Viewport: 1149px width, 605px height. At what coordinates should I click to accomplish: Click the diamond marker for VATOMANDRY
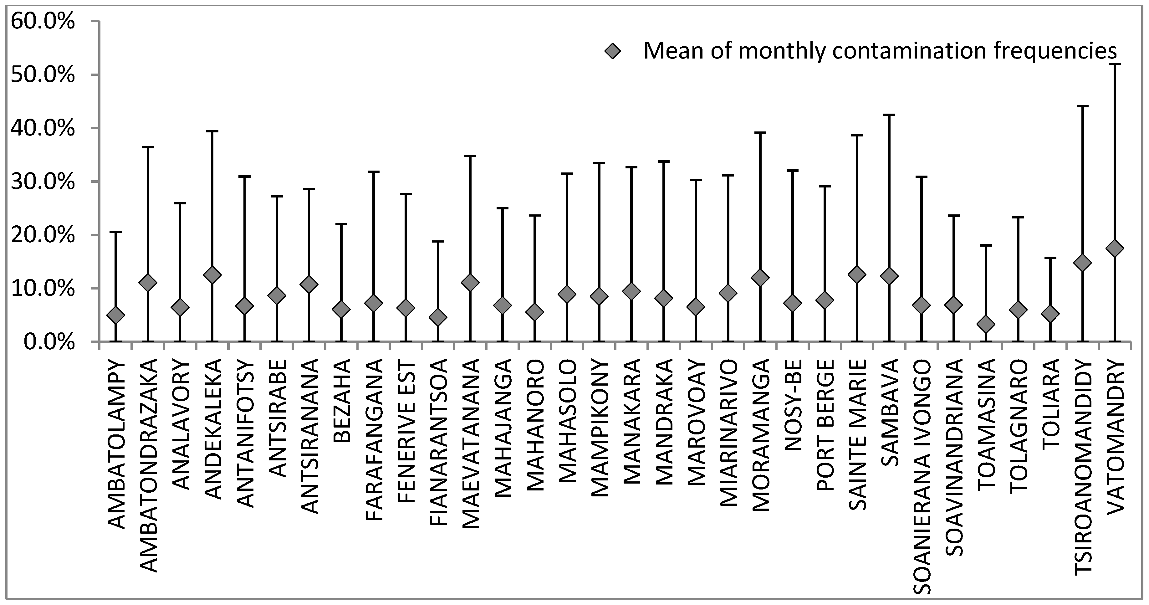[x=1115, y=249]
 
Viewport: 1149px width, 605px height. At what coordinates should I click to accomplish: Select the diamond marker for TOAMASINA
[x=986, y=324]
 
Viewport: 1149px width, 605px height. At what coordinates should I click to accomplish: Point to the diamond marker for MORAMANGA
[x=760, y=278]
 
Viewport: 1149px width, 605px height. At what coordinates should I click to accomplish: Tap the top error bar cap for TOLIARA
[x=1050, y=258]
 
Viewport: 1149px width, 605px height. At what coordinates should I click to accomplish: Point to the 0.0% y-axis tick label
[x=49, y=342]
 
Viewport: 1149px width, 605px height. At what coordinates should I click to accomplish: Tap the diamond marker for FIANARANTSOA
[x=438, y=317]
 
